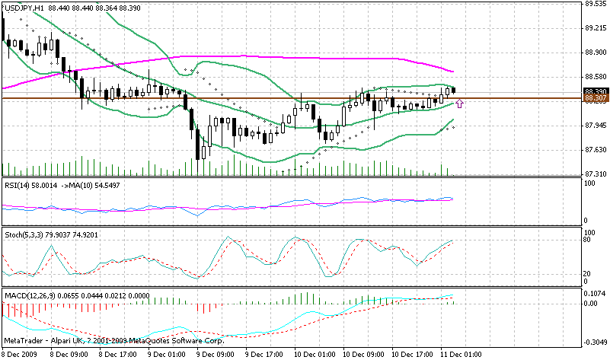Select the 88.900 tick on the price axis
point(594,52)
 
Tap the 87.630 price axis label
point(594,149)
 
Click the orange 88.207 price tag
point(595,98)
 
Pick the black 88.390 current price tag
point(595,91)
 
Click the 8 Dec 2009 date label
point(21,354)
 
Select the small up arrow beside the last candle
point(459,103)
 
